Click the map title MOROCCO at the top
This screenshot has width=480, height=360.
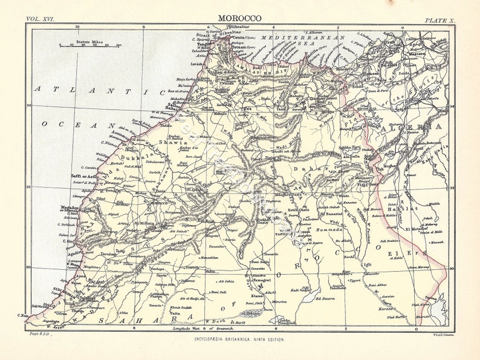coord(240,18)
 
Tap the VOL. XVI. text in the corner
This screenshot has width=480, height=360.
coord(41,19)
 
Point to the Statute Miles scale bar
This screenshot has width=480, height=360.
coord(89,45)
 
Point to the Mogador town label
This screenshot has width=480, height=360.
coord(72,207)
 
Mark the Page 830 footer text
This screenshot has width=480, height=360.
coord(38,333)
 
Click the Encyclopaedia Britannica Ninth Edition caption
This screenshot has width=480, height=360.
coord(239,339)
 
